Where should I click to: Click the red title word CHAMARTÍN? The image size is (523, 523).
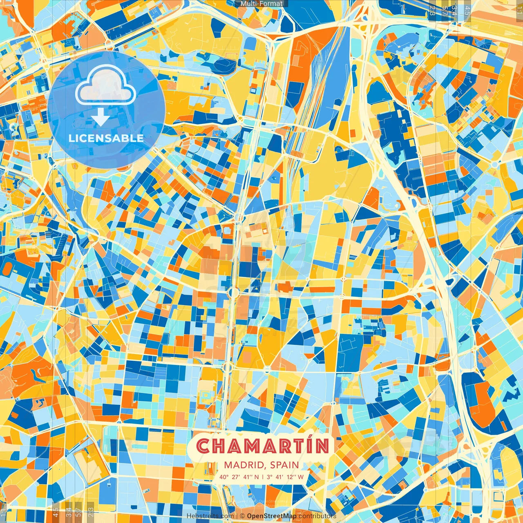263,446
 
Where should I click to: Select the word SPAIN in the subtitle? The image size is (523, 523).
284,465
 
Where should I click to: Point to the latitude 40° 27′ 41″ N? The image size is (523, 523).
239,477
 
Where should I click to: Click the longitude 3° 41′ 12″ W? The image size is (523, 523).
285,477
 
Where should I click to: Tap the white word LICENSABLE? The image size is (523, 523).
106,138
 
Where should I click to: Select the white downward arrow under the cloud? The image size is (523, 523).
100,118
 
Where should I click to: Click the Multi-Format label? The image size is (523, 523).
261,4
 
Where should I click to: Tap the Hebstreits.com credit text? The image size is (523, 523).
210,516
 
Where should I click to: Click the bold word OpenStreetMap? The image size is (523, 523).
272,516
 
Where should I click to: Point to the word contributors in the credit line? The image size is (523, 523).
317,516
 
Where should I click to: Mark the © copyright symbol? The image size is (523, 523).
242,516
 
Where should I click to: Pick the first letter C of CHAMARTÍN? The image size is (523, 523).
203,447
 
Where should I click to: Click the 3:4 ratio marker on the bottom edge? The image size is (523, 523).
69,511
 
